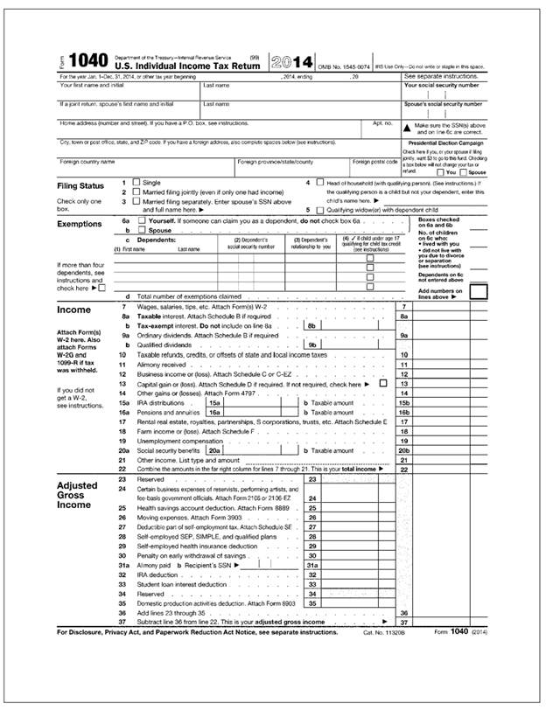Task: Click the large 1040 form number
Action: (x=87, y=62)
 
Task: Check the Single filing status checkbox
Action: (x=137, y=182)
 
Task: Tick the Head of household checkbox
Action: (x=320, y=182)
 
